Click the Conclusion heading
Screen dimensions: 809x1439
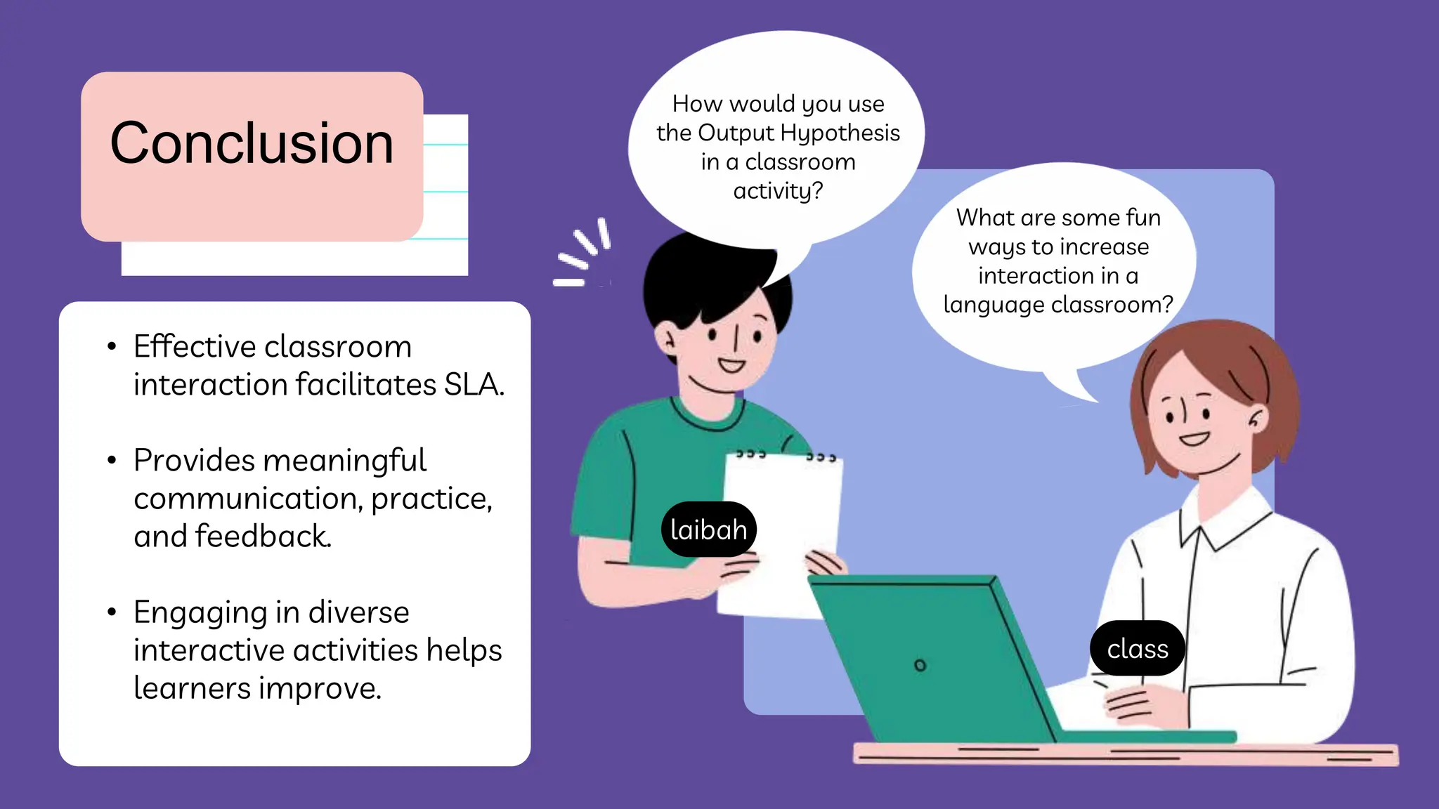[252, 143]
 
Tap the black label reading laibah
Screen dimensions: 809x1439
[708, 530]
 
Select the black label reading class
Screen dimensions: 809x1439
[1137, 649]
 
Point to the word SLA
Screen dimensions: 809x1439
[474, 384]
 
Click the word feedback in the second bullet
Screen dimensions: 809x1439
[263, 537]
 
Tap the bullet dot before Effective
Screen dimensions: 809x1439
[112, 346]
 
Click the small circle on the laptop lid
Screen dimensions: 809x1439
[920, 664]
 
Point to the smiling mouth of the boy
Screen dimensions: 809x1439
[731, 365]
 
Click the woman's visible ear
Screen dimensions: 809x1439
[1256, 419]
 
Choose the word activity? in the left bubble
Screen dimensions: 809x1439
[778, 191]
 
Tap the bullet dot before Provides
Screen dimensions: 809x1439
[112, 461]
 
